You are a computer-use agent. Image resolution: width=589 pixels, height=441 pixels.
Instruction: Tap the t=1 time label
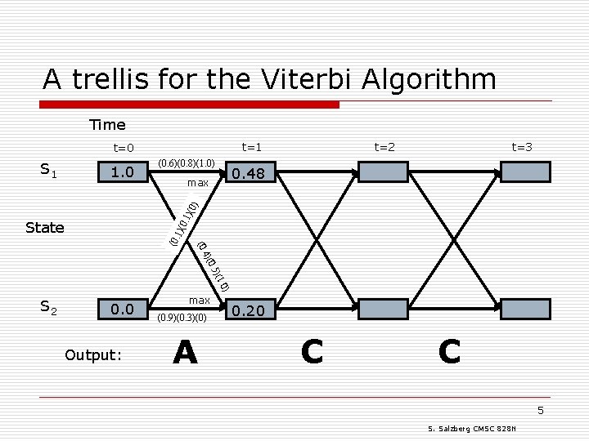coord(250,147)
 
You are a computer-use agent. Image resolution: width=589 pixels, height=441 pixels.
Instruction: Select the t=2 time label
coord(384,147)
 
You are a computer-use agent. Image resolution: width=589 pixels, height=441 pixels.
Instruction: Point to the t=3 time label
coord(522,147)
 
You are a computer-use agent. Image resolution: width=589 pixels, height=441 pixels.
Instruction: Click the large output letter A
coord(186,353)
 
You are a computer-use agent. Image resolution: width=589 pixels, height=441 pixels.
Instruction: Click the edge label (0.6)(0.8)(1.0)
coord(187,163)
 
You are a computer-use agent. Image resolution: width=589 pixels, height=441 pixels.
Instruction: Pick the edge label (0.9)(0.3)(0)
coord(189,318)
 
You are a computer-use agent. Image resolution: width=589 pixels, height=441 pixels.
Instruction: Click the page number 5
coord(540,410)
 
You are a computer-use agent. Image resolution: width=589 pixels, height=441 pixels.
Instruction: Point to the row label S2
coord(49,306)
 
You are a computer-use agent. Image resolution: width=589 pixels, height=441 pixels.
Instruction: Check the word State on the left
coord(45,228)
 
